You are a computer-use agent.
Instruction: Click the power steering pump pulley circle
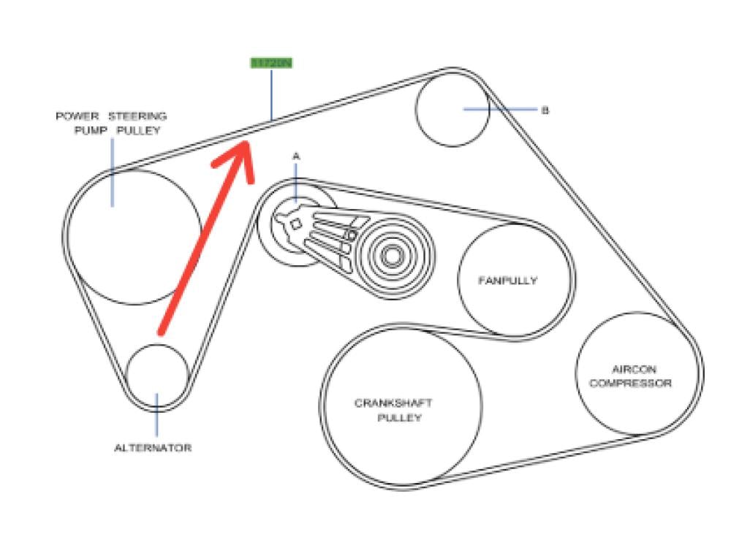[135, 237]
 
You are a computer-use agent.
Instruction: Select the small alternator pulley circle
[157, 374]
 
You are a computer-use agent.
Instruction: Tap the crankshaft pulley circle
[401, 406]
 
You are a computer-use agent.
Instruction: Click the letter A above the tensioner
[296, 156]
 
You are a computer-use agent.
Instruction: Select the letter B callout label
[545, 110]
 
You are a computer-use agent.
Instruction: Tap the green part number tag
[271, 64]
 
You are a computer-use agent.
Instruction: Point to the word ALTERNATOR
[153, 447]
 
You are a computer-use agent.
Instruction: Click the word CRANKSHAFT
[393, 403]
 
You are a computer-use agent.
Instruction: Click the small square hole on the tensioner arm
[295, 225]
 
